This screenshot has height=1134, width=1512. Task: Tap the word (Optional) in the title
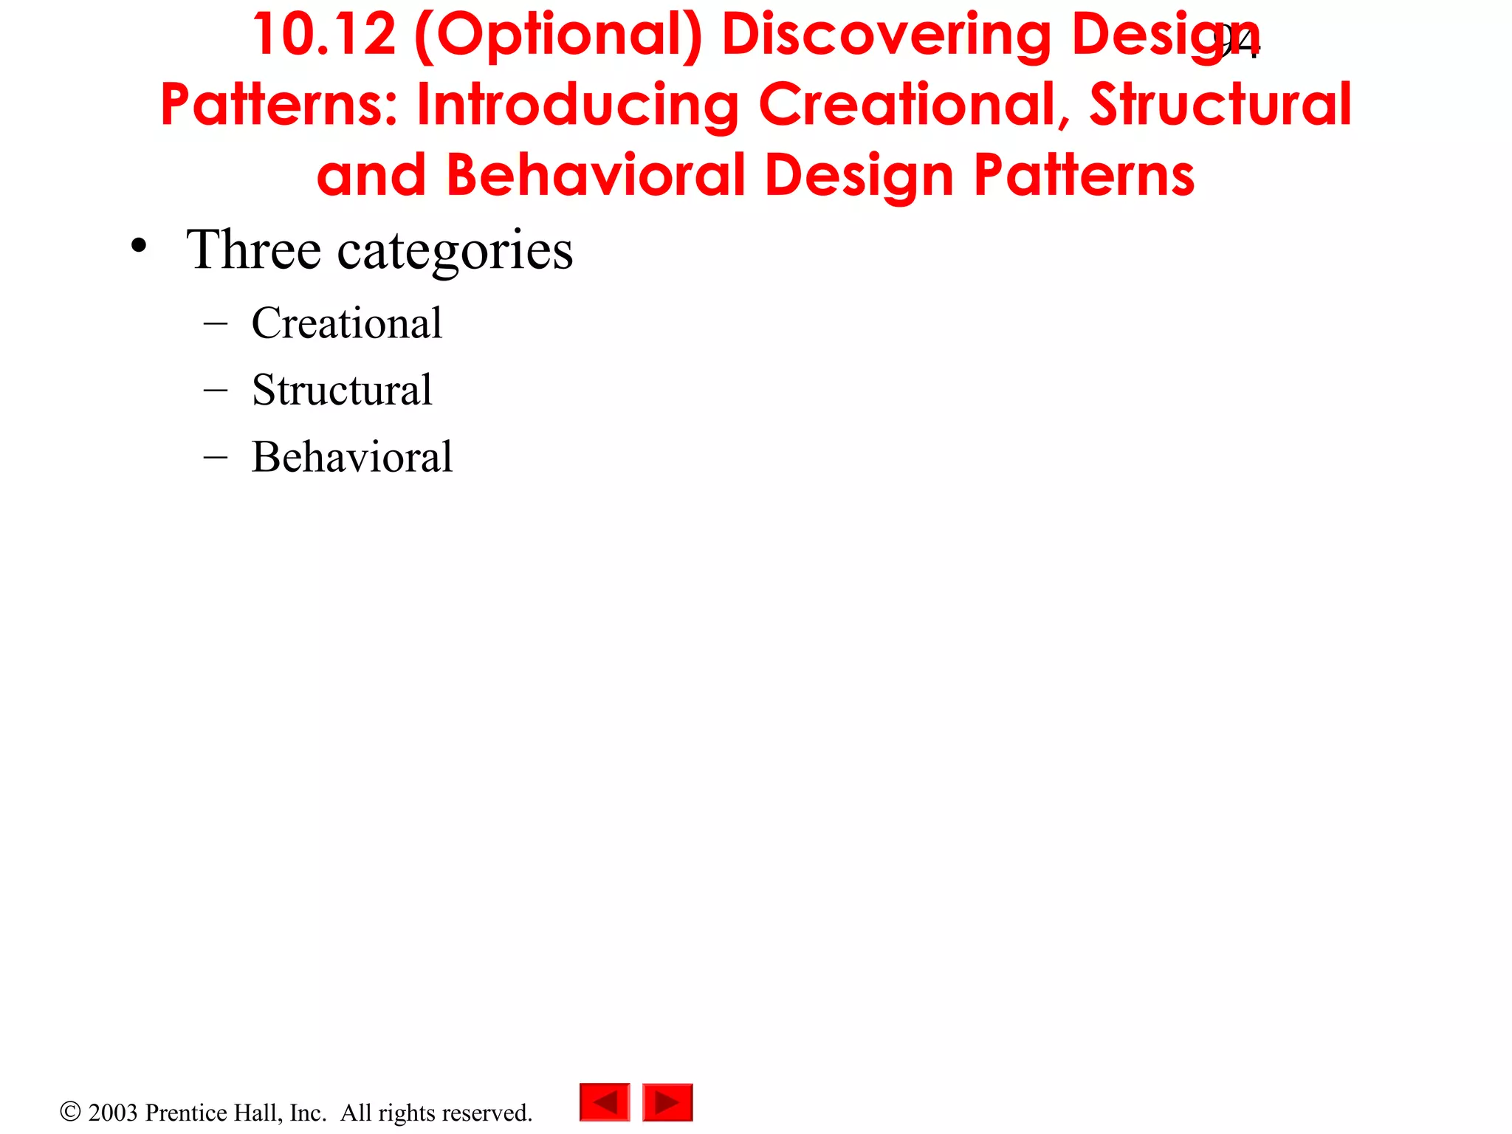point(558,36)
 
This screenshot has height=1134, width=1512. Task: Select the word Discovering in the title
point(885,35)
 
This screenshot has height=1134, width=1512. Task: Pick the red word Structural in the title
point(1220,105)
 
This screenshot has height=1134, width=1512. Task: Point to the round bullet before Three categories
point(138,247)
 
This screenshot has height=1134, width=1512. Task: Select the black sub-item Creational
point(346,323)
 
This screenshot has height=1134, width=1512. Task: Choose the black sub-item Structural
point(342,389)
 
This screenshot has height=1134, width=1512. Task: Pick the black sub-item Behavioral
point(351,456)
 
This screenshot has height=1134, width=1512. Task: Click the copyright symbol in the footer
point(70,1111)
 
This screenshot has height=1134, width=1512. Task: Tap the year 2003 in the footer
point(113,1113)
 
